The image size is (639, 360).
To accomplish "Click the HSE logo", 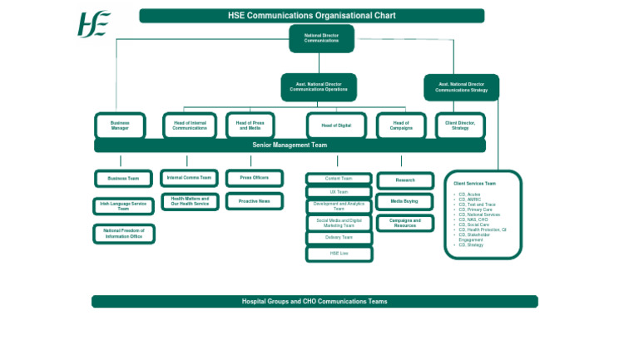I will (x=93, y=24).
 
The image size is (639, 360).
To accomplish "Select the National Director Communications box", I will (x=321, y=38).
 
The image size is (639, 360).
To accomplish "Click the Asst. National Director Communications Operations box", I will (x=319, y=87).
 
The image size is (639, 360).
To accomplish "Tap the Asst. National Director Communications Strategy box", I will (x=461, y=87).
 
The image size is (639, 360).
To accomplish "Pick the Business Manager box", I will (x=120, y=126).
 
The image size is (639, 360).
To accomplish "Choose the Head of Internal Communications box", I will (x=190, y=126).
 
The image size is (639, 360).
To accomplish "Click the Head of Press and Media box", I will (x=250, y=126).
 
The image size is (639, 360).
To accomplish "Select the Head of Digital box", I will (x=336, y=126).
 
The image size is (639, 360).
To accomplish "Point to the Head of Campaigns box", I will (x=401, y=126).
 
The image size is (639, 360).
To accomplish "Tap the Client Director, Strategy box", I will (x=460, y=126).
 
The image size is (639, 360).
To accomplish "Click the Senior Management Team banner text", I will (x=290, y=145).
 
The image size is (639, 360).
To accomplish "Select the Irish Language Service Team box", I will (x=123, y=206).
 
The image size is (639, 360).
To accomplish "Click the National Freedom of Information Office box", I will (x=123, y=234).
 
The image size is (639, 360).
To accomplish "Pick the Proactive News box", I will (x=254, y=201).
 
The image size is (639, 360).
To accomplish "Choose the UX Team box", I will (x=339, y=192).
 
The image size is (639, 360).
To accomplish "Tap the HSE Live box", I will (x=339, y=254).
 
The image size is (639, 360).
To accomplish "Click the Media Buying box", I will (x=404, y=201).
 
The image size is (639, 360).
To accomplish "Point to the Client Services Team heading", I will (x=474, y=184).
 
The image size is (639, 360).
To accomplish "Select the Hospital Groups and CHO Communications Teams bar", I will (x=315, y=301).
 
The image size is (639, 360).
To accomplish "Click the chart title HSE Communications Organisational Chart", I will (x=311, y=16).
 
